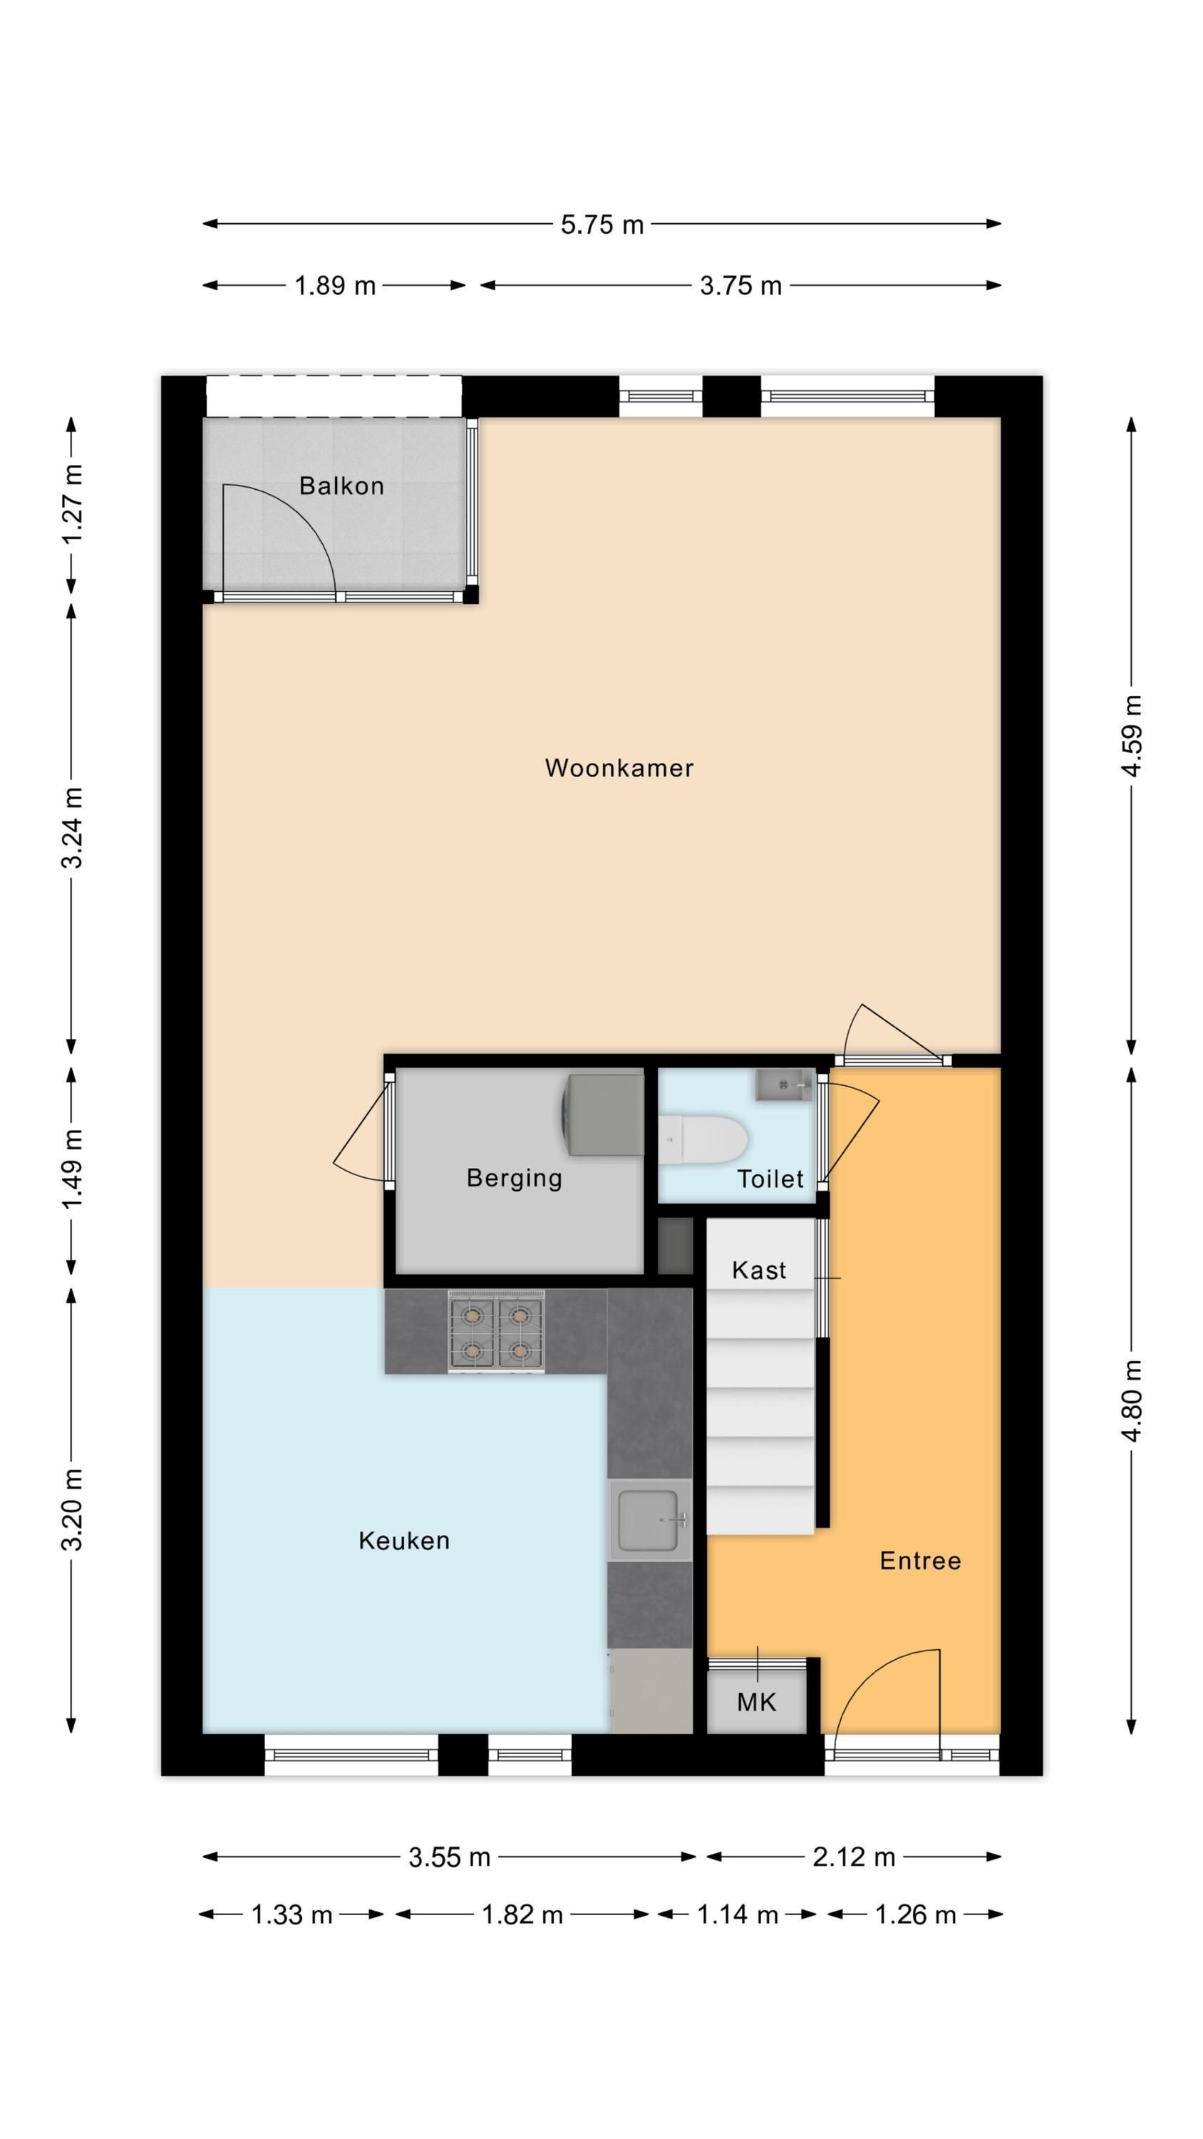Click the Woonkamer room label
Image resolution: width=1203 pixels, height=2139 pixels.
point(619,768)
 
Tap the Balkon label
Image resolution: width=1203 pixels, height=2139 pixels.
point(341,486)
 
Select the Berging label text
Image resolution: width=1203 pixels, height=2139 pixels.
point(514,1179)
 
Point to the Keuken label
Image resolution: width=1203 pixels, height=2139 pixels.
point(403,1541)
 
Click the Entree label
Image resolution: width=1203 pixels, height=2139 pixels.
point(920,1561)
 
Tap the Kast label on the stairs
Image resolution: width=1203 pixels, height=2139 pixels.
point(759,1271)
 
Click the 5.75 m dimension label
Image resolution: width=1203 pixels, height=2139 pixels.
point(602,224)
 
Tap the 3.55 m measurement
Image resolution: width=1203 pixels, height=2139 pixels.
point(449,1857)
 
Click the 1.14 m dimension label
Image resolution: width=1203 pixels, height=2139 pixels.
point(737,1915)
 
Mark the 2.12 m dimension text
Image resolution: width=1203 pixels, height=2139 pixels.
point(854,1857)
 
